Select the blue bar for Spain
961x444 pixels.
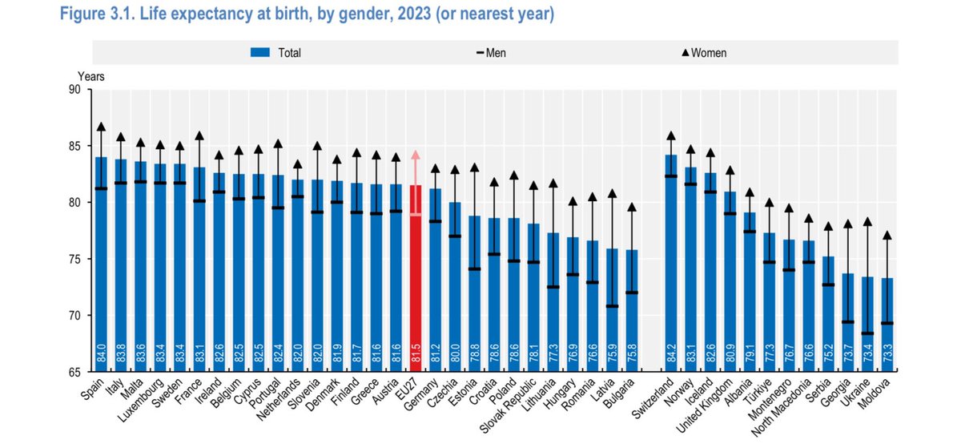[102, 256]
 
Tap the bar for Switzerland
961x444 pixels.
[670, 256]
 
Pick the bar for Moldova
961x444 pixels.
[886, 321]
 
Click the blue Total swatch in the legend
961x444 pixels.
[261, 53]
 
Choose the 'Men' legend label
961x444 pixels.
[496, 53]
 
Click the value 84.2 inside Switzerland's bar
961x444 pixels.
[670, 357]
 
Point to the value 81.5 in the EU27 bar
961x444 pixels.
[415, 357]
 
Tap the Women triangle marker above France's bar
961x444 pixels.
[199, 135]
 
